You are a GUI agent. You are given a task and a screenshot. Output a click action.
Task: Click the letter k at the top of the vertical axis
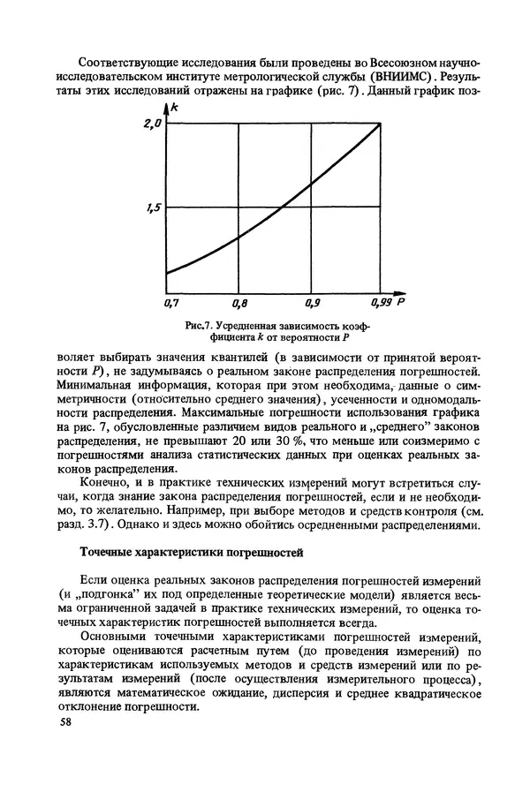click(175, 108)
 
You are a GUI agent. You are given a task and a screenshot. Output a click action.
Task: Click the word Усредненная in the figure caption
click(257, 326)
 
